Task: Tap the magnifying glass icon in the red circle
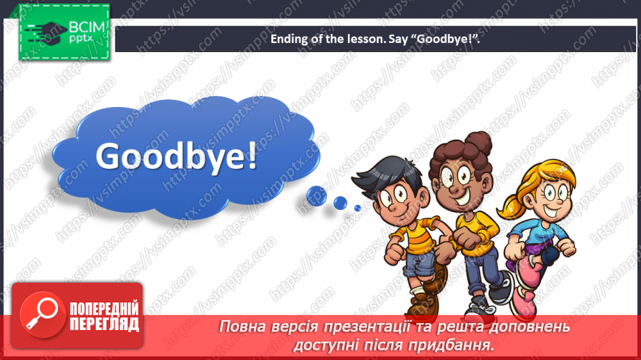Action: [x=42, y=314]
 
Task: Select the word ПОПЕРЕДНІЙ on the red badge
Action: [x=104, y=309]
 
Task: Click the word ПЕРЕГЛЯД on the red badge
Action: [x=104, y=325]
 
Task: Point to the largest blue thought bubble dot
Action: [x=317, y=195]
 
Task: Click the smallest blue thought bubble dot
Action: [x=357, y=208]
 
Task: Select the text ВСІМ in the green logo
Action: [x=87, y=27]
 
